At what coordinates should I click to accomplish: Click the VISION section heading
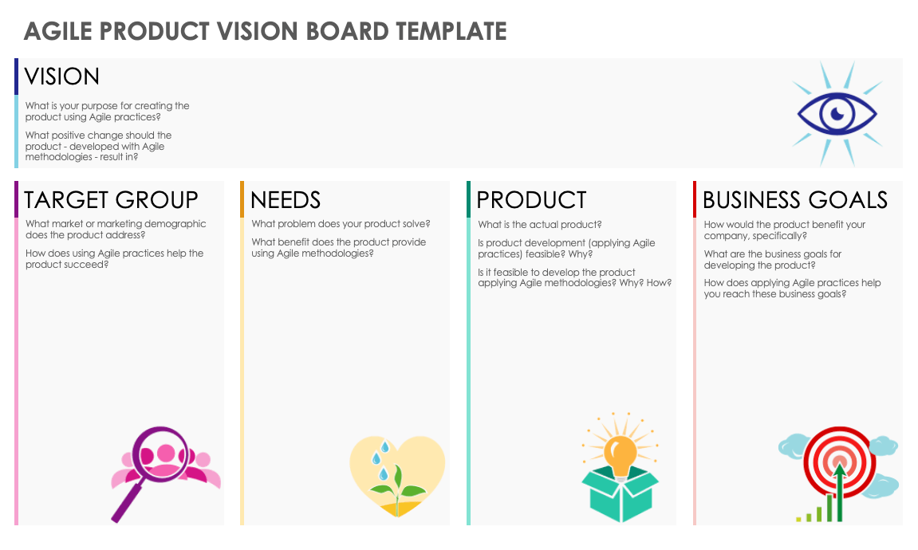(61, 77)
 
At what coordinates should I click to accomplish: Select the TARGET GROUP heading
(111, 200)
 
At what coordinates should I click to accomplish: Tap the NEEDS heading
(286, 200)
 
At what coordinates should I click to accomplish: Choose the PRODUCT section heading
(532, 200)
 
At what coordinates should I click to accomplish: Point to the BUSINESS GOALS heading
(795, 200)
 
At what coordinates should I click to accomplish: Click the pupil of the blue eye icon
(837, 113)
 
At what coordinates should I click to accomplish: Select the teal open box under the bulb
(620, 493)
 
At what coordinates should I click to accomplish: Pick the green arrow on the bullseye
(840, 492)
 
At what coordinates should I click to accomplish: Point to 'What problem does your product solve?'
(341, 224)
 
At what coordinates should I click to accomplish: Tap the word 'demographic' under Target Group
(177, 224)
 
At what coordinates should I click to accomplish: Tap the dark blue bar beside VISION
(17, 77)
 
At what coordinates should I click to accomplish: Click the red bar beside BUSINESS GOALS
(695, 199)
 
